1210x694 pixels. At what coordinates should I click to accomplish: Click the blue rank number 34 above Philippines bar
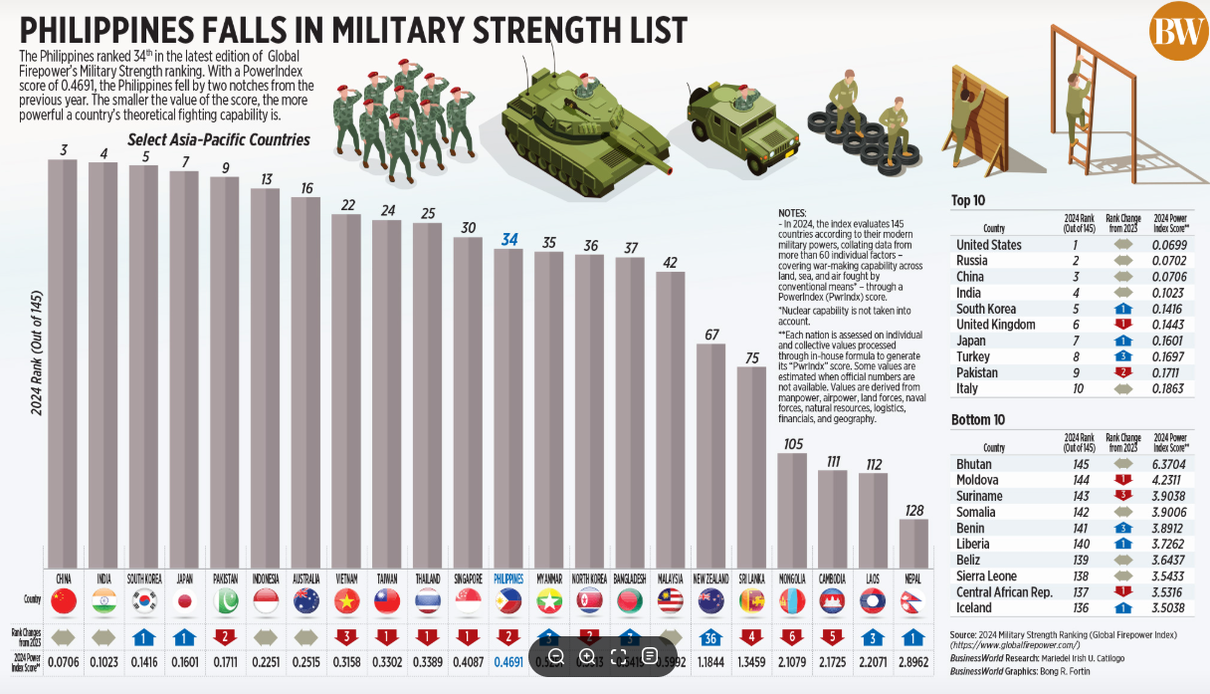[509, 239]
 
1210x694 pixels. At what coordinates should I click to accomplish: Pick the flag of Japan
[184, 601]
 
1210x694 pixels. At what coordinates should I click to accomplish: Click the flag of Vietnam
[347, 601]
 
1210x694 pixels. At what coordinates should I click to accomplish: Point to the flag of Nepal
[913, 601]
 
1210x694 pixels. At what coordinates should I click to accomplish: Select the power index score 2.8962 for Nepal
[913, 661]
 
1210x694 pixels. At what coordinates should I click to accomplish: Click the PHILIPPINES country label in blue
[509, 578]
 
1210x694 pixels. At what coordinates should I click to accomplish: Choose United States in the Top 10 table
[988, 245]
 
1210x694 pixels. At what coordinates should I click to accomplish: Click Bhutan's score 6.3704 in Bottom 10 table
[1170, 464]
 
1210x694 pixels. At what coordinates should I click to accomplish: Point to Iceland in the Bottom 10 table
[974, 607]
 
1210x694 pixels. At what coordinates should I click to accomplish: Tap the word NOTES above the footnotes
[793, 213]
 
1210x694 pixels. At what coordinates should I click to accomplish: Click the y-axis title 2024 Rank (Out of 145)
[37, 353]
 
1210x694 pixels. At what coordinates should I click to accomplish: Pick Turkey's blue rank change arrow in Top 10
[1122, 356]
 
